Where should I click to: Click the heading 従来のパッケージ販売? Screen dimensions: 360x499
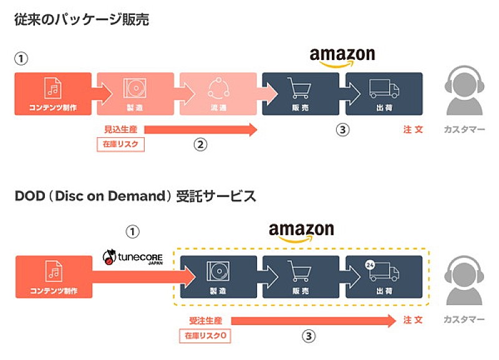coord(82,19)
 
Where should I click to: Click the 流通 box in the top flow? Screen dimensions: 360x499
coord(218,94)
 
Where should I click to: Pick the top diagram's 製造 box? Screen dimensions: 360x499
coord(135,94)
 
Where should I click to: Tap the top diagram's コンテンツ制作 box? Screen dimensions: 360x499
coord(52,94)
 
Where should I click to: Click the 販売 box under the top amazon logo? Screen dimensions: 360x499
coord(301,94)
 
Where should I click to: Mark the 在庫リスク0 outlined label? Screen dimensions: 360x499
coord(203,336)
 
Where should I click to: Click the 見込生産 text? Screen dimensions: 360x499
coord(120,130)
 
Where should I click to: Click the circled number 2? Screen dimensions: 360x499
coord(200,145)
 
